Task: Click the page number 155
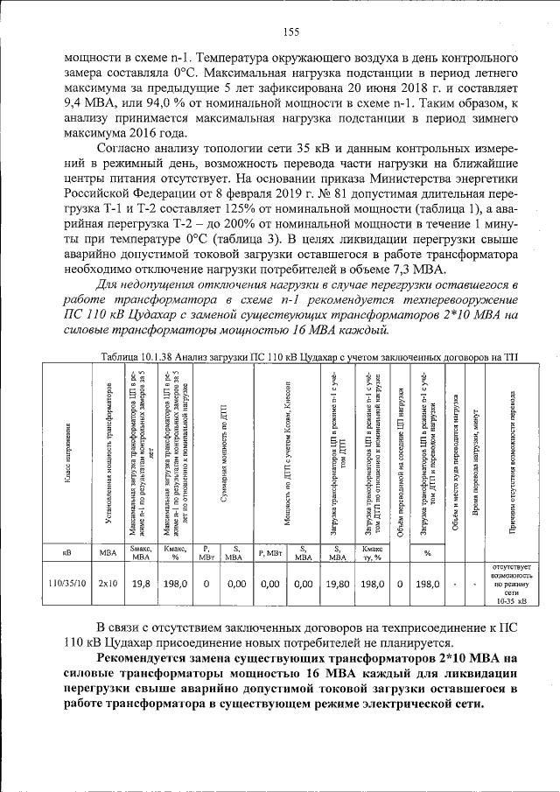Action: tap(291, 32)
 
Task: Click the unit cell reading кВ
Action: tap(67, 552)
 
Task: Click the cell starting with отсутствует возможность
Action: tap(511, 584)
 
